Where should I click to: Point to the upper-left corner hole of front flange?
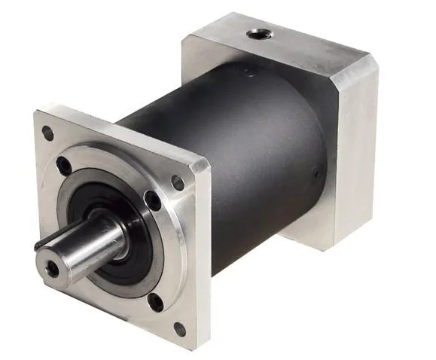pyautogui.click(x=47, y=134)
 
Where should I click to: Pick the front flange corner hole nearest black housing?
pyautogui.click(x=178, y=182)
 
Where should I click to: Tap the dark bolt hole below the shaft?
pyautogui.click(x=155, y=301)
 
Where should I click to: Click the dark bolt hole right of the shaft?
pyautogui.click(x=153, y=200)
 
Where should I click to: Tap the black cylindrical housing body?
pyautogui.click(x=248, y=151)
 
